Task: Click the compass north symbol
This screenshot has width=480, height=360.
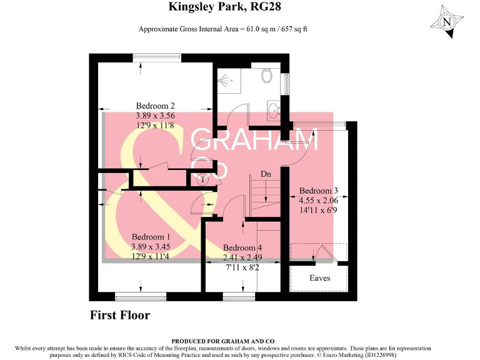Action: [x=446, y=22]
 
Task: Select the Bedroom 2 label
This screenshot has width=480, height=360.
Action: [x=155, y=106]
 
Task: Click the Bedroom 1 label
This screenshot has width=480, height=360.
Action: [x=150, y=237]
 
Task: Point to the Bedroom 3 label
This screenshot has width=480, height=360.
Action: [x=318, y=191]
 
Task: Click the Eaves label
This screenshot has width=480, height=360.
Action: [x=319, y=277]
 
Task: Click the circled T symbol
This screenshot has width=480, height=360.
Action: [x=203, y=180]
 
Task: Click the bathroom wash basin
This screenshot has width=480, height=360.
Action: [x=273, y=111]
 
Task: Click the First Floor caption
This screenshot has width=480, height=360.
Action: [x=120, y=315]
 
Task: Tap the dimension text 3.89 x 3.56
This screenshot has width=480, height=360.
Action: [x=155, y=116]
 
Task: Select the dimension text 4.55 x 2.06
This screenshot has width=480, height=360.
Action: [x=318, y=201]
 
